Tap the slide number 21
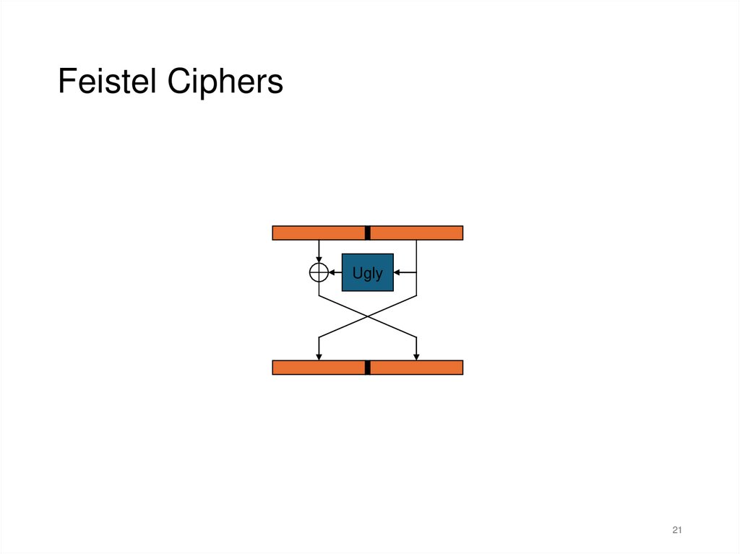pos(677,531)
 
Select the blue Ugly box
pos(367,272)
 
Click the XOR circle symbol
pos(319,272)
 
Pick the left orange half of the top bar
pos(318,233)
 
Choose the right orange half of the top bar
pos(416,233)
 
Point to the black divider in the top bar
pos(367,233)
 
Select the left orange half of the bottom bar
pos(318,368)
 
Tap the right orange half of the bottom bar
pos(416,368)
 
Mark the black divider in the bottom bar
pos(367,368)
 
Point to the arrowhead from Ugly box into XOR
pos(332,272)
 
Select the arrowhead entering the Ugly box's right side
pos(397,272)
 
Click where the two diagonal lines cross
pos(368,316)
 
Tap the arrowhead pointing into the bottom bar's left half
pos(319,356)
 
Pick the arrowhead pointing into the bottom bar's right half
pos(417,356)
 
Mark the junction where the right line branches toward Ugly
pos(417,272)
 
